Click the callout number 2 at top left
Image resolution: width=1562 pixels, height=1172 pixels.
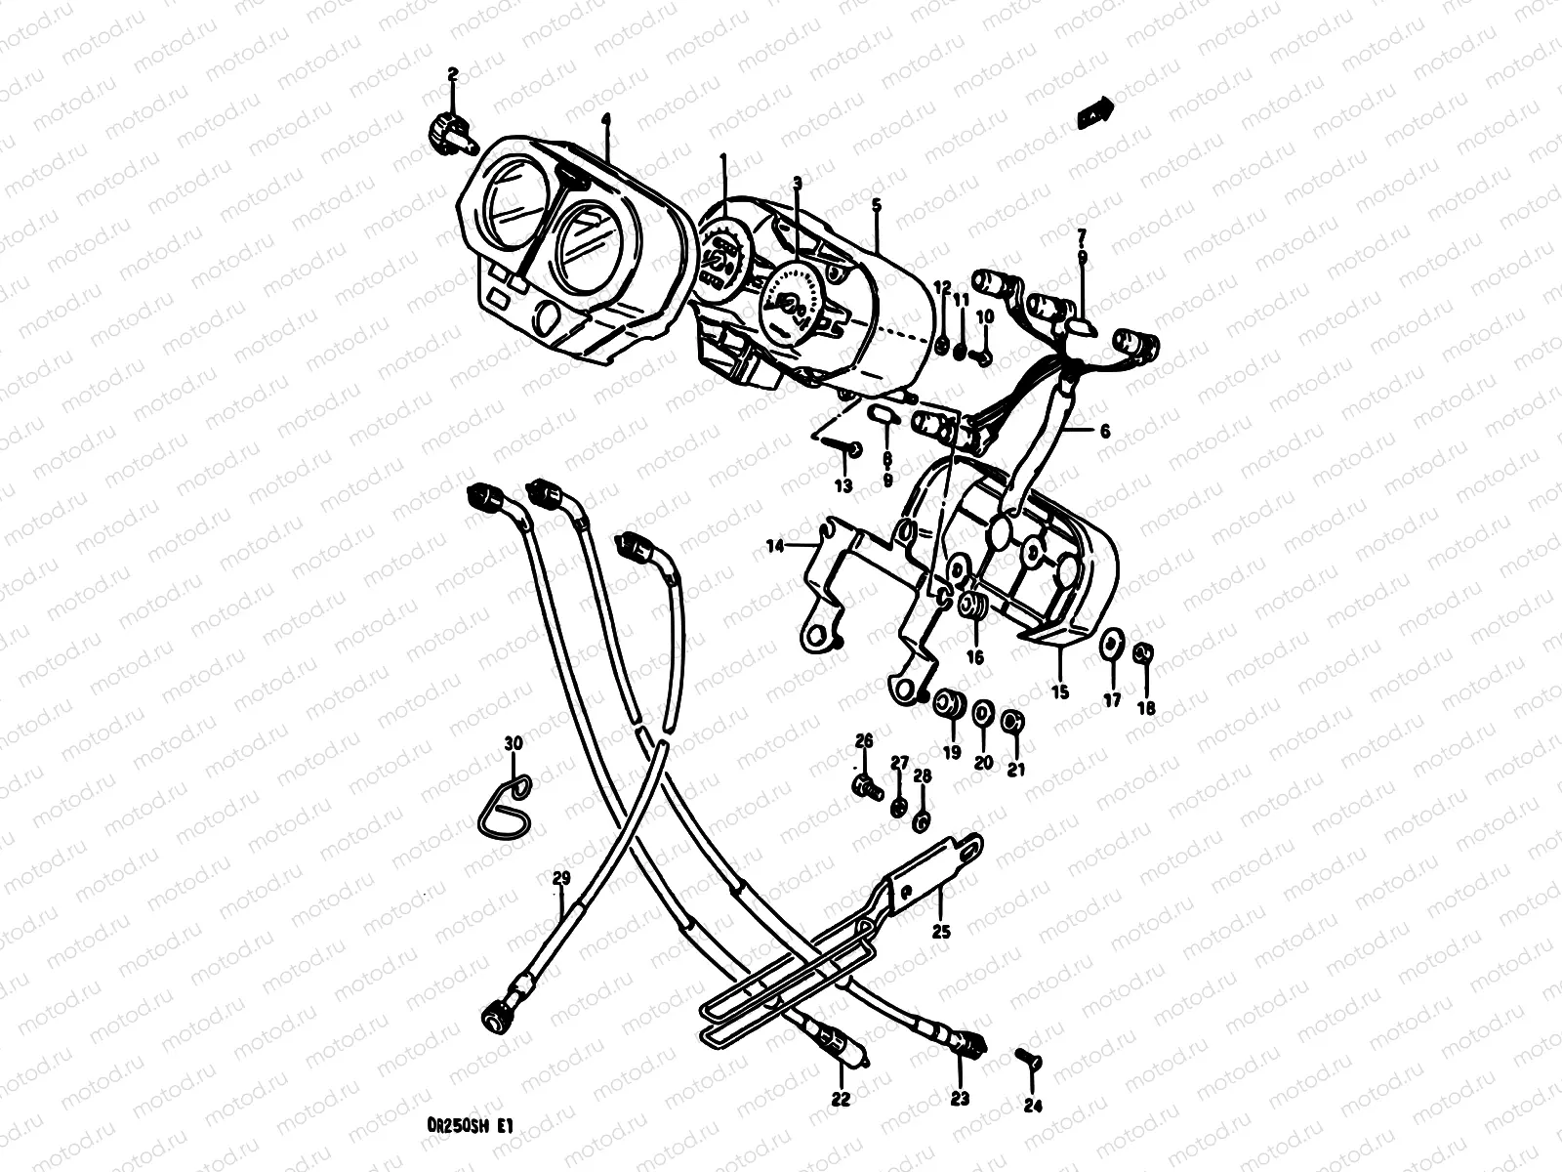[x=453, y=74]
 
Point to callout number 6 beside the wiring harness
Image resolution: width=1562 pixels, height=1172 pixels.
[x=1104, y=430]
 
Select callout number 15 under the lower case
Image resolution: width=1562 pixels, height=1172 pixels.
[x=1060, y=691]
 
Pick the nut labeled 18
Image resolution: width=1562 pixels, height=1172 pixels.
[x=1145, y=651]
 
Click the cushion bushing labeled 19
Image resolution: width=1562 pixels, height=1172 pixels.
[x=949, y=705]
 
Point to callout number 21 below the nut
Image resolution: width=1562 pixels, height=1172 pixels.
[x=1015, y=770]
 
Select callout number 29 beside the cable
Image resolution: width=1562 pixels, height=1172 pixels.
[x=559, y=876]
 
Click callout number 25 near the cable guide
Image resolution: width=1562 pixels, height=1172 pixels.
[x=941, y=931]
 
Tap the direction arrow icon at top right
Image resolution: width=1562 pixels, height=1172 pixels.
[x=1094, y=113]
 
